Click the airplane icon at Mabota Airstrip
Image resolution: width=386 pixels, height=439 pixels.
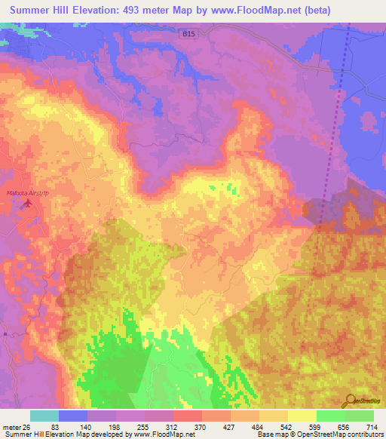(x=28, y=203)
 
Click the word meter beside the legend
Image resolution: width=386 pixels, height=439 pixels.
(x=11, y=427)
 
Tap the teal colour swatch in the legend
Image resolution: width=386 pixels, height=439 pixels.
(x=44, y=416)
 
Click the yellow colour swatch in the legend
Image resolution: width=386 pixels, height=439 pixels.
(x=302, y=416)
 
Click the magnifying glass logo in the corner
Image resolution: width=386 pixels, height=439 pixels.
(x=353, y=402)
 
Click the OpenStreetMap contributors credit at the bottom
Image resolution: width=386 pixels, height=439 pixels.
(x=344, y=434)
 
